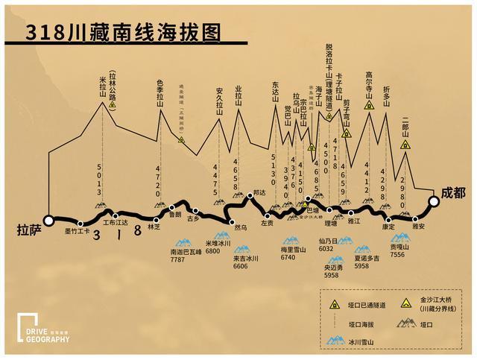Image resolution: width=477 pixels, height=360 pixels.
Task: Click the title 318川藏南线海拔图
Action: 124,33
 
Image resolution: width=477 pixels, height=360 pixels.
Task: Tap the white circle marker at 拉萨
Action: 49,220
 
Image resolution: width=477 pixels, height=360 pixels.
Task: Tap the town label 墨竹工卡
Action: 76,231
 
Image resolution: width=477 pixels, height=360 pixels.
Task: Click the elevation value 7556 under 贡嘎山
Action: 397,254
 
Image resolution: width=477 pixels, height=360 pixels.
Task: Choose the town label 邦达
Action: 259,192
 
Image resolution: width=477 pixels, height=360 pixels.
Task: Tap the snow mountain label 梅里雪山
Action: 288,250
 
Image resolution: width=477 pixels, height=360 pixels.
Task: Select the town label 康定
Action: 388,226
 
